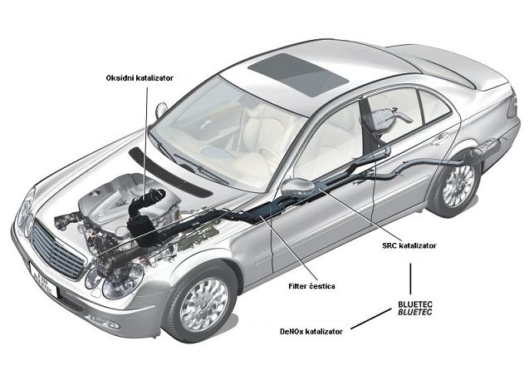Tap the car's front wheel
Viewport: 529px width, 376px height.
200,301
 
